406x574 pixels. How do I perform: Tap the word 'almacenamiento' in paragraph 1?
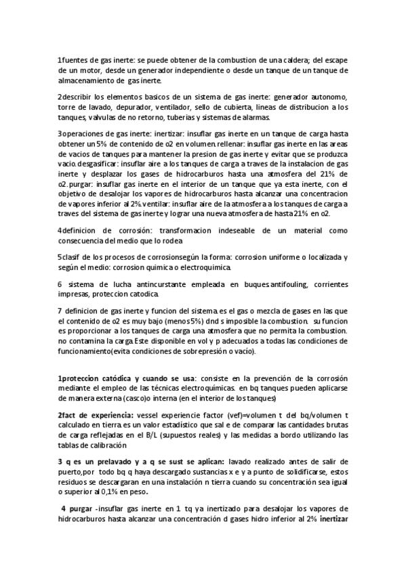click(x=84, y=81)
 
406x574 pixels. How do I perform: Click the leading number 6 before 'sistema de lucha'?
click(x=60, y=284)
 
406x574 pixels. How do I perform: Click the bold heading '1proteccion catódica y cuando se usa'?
click(x=127, y=378)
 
